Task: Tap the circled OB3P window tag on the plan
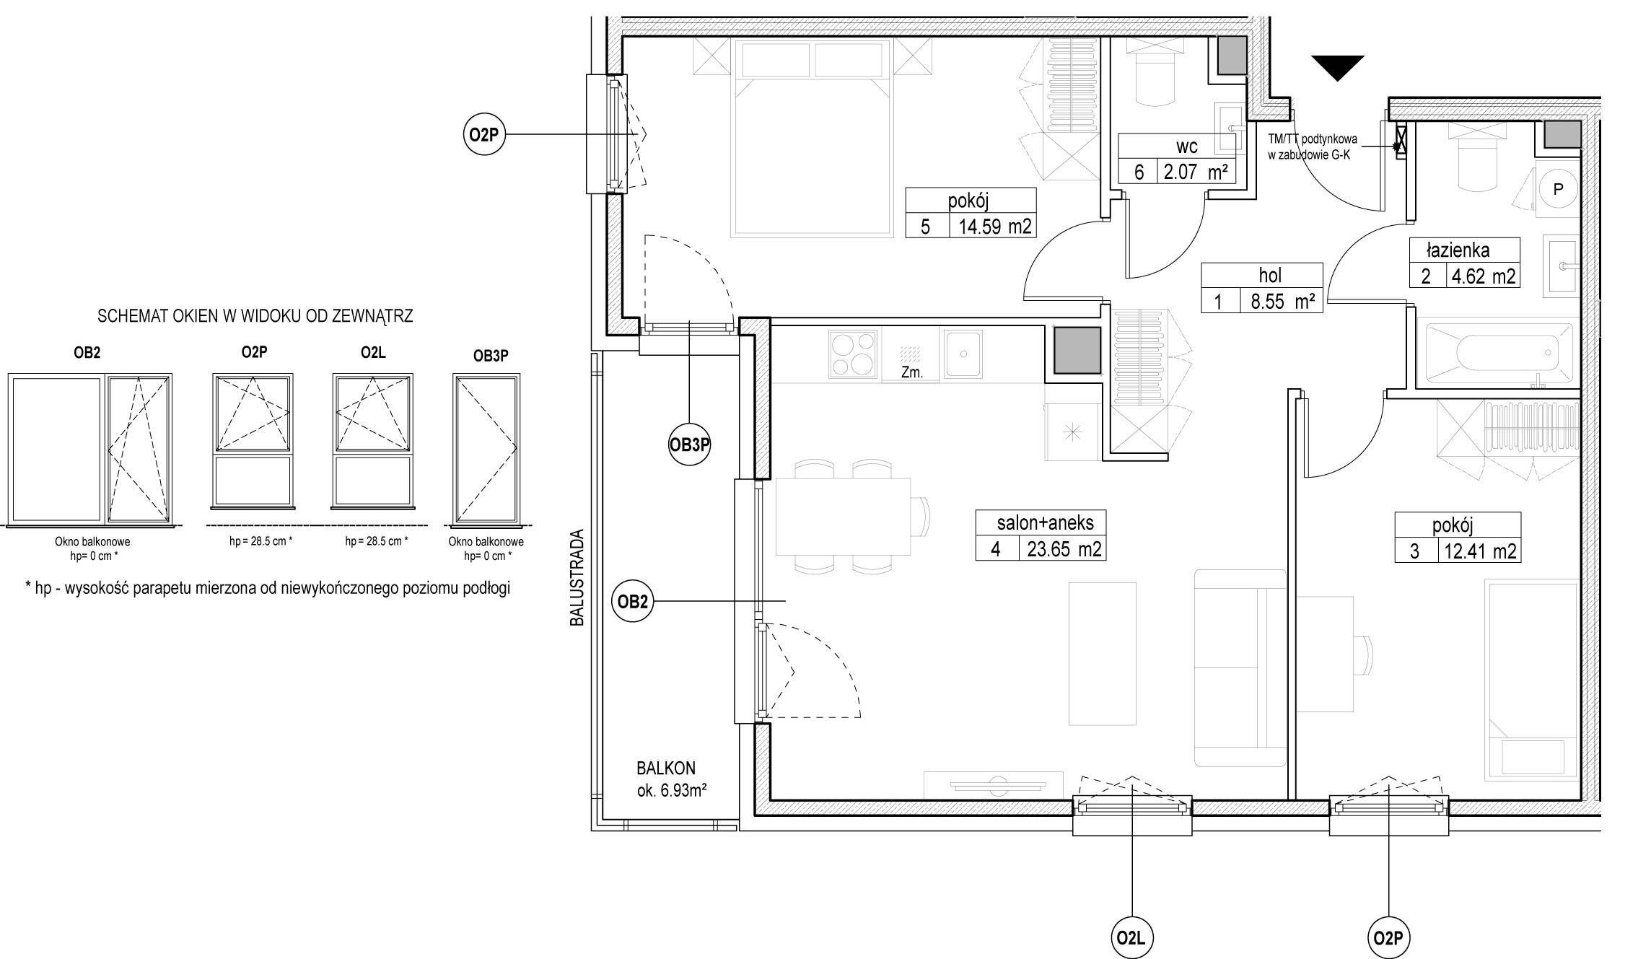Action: pos(690,445)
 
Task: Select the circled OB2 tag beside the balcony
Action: pos(632,601)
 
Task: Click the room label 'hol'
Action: pos(1270,275)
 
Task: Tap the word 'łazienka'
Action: pos(1458,250)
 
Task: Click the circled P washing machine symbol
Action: pos(1557,189)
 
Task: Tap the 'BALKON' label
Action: pos(666,768)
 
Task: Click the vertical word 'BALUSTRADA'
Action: pos(577,578)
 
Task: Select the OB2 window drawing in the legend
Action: pos(90,447)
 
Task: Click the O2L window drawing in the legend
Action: pos(373,440)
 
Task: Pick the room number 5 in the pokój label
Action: pos(926,227)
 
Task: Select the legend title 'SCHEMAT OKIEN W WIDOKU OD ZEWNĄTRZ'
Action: pos(255,316)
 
